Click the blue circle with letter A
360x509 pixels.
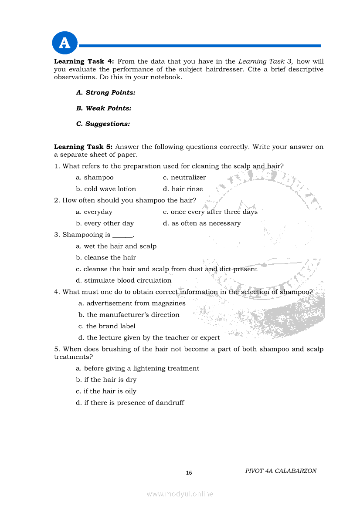click(x=65, y=43)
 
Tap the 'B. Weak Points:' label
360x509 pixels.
click(x=103, y=108)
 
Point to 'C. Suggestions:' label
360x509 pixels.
click(x=103, y=124)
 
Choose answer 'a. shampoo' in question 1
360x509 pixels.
click(x=95, y=178)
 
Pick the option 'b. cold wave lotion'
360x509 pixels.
click(x=106, y=189)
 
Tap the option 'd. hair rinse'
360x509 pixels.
click(x=183, y=189)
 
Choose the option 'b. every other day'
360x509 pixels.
click(x=105, y=223)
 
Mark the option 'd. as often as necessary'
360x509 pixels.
click(x=202, y=223)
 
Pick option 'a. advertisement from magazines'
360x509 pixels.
click(x=132, y=303)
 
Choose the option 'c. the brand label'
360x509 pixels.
click(x=107, y=326)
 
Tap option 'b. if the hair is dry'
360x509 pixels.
click(x=106, y=380)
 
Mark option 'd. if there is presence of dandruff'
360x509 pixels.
click(x=130, y=403)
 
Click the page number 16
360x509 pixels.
click(x=189, y=473)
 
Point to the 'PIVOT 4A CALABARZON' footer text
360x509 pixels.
click(x=281, y=471)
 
